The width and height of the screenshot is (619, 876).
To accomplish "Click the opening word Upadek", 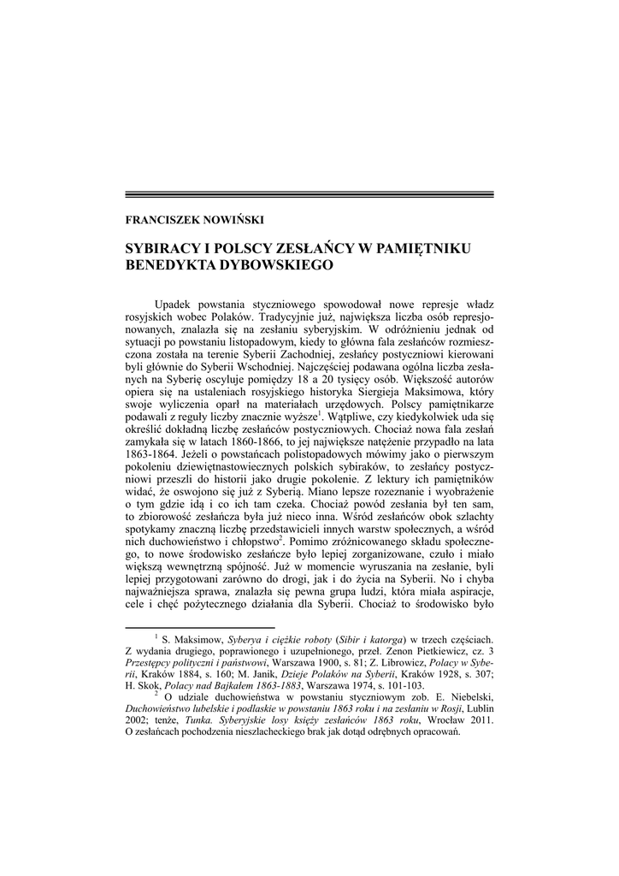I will click(173, 305).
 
